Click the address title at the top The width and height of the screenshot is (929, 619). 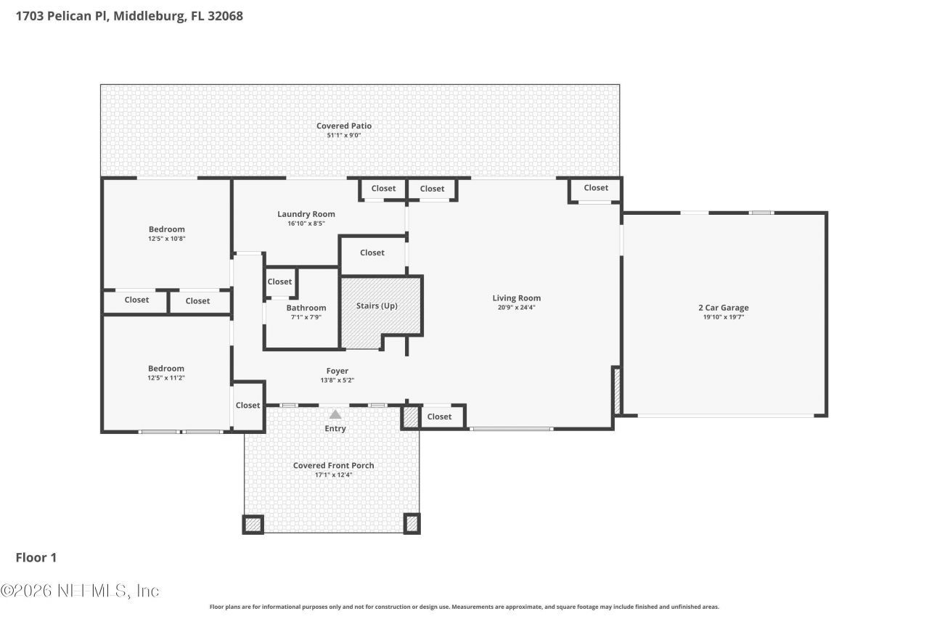point(129,15)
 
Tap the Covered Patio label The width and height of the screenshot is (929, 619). point(343,126)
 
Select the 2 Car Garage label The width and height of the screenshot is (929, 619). point(723,308)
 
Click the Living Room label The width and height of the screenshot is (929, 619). point(516,298)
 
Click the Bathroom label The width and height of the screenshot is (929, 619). point(306,308)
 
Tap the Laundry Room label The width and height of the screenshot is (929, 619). point(306,214)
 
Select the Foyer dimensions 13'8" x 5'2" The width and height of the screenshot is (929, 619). point(337,380)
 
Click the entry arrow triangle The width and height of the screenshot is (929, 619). point(335,414)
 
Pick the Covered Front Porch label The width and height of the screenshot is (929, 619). point(333,465)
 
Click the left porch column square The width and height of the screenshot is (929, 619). point(253,524)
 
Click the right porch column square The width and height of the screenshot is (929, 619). point(412,523)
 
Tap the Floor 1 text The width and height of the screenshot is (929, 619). point(36,557)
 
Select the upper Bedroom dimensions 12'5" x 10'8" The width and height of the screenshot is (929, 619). point(166,239)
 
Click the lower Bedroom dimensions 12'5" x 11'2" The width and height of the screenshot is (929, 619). point(166,378)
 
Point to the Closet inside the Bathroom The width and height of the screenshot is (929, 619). point(279,282)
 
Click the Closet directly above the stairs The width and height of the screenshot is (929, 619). point(372,253)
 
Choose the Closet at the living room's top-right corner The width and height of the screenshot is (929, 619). point(595,188)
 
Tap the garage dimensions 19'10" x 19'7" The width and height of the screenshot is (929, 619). point(723,317)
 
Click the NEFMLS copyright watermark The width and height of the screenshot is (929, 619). point(80,591)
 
